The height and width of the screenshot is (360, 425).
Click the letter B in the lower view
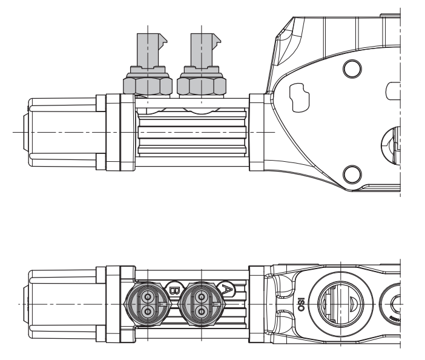174,289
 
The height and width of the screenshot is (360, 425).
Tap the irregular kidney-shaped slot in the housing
300,94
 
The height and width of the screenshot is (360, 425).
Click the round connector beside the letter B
147,302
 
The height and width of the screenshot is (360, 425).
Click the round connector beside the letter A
201,302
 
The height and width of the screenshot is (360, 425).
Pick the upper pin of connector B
147,295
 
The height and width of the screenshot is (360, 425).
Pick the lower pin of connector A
201,311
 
